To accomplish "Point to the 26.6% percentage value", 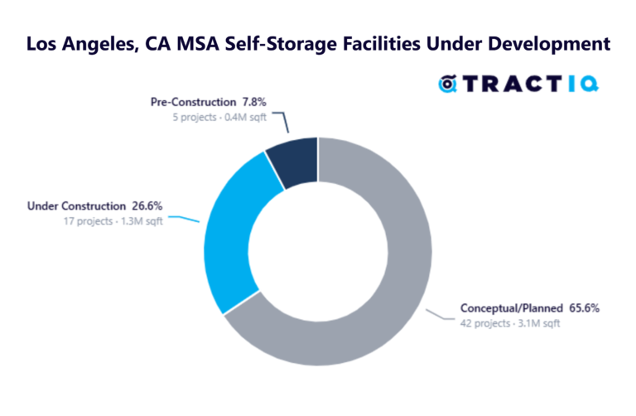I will point(146,206).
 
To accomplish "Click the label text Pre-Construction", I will point(193,102).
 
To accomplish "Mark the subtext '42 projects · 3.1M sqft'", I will point(510,324).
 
